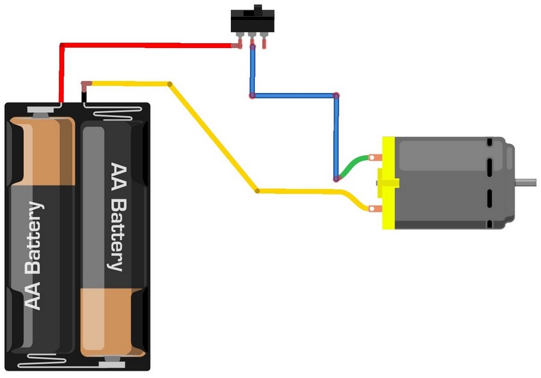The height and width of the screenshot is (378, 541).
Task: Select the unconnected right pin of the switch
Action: pos(264,43)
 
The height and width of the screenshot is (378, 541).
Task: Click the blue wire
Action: pos(294,95)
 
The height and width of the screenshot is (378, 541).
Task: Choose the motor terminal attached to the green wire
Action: pos(376,158)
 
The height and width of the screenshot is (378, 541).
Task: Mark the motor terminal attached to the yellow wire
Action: pos(376,209)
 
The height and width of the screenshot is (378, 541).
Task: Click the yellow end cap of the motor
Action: pos(388,182)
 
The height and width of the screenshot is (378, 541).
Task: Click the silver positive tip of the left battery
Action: pos(41,112)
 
